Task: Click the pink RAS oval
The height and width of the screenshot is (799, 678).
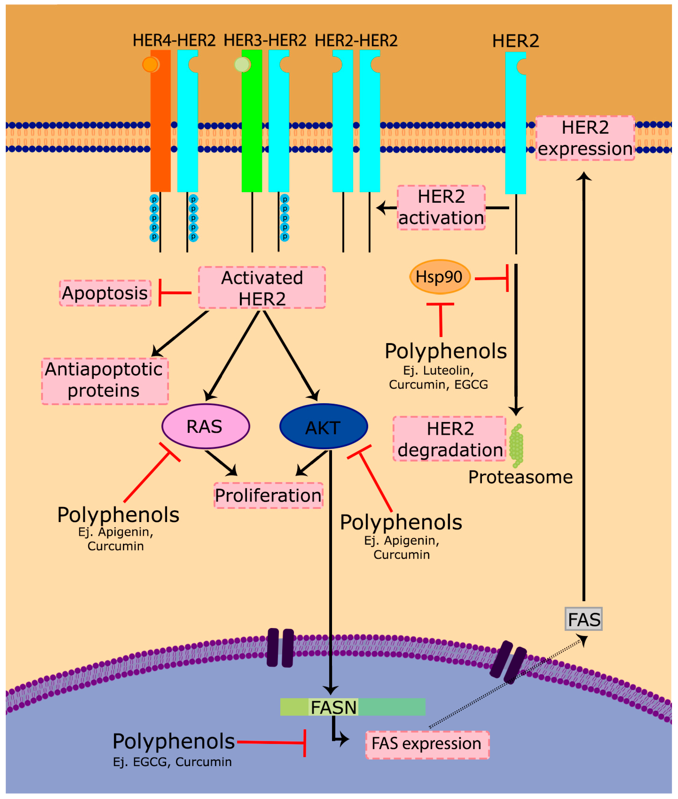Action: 206,426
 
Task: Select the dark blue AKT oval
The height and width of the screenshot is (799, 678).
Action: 324,426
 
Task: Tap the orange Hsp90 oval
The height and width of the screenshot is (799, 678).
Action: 440,277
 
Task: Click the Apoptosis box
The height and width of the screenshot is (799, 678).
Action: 105,293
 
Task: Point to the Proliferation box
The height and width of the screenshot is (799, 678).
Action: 268,495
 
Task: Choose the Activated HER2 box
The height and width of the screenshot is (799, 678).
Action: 262,288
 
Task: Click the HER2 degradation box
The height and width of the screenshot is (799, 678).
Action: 449,439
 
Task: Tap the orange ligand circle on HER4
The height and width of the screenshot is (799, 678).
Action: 150,65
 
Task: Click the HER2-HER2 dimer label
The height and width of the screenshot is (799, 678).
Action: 356,40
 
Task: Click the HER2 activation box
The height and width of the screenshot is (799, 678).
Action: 441,207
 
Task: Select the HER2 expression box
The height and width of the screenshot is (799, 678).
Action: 585,138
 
